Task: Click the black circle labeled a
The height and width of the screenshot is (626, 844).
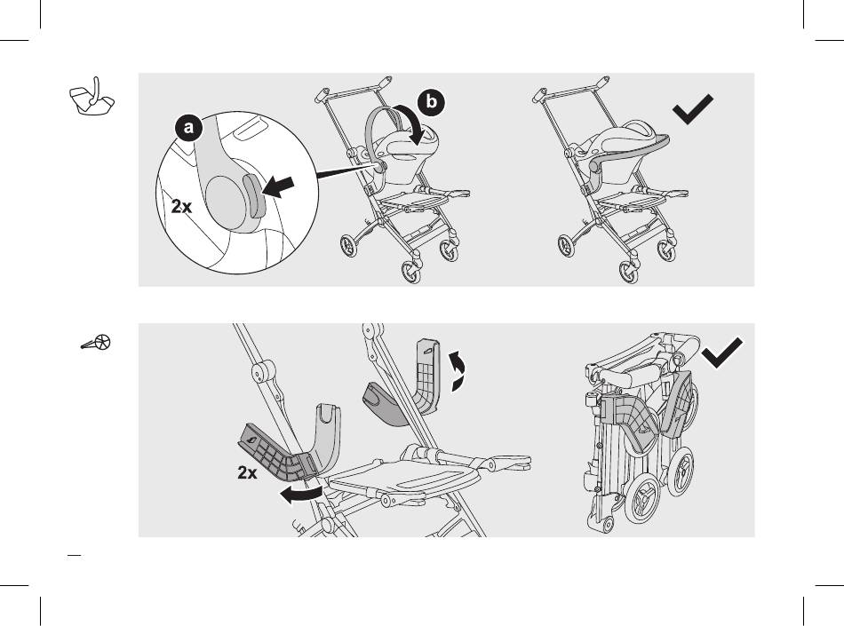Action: click(187, 128)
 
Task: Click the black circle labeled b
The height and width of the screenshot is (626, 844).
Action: click(431, 101)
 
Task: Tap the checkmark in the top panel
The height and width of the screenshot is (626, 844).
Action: click(693, 109)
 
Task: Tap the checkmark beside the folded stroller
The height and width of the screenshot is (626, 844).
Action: click(722, 353)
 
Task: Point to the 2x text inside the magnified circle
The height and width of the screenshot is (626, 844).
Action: click(181, 207)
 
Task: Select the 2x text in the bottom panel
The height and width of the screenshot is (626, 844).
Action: click(247, 472)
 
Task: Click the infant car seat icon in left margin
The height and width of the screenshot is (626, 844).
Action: click(92, 97)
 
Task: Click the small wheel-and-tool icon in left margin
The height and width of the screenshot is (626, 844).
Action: click(96, 343)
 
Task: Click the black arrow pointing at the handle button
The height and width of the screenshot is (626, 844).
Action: click(278, 187)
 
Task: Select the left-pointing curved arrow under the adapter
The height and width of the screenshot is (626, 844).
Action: click(301, 495)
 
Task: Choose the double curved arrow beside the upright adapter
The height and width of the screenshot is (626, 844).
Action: click(458, 370)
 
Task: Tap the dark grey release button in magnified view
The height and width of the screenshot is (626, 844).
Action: click(255, 195)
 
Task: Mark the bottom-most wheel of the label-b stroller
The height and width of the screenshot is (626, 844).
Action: click(411, 272)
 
